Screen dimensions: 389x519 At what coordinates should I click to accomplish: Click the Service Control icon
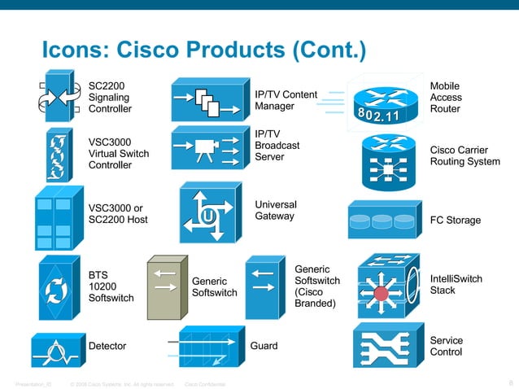[x=387, y=347]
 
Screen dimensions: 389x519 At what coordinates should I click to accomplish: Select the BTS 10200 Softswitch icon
[x=58, y=287]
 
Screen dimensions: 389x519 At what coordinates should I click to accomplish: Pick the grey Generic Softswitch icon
[x=166, y=287]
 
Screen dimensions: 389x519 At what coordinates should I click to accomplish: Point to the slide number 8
[x=509, y=382]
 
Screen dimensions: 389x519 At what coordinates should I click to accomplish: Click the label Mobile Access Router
[x=445, y=97]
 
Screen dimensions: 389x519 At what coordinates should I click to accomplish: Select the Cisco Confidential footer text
[x=206, y=383]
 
